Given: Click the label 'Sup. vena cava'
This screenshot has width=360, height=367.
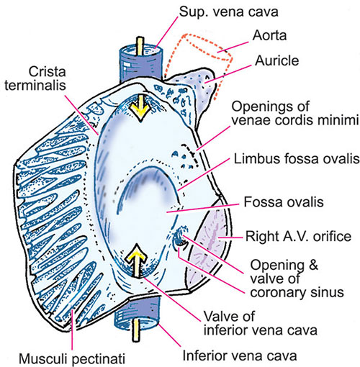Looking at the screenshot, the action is (229, 12).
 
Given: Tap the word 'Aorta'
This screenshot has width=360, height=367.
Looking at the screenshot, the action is (269, 35).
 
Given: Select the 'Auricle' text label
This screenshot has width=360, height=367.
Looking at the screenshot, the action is (276, 60).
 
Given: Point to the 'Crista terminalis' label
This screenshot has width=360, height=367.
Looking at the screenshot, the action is (35, 78).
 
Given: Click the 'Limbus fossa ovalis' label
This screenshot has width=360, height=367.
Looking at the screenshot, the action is (297, 159).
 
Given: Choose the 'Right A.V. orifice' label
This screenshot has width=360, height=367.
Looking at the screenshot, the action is (298, 236).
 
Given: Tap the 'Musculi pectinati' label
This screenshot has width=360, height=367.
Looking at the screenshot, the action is (72, 359).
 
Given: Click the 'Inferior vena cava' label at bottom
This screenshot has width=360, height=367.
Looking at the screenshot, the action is (240, 355).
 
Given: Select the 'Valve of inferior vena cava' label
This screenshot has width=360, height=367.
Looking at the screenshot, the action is (261, 323).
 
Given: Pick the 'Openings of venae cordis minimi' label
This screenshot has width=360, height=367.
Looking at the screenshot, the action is (295, 113).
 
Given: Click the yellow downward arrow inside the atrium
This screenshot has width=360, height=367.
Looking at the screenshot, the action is (140, 107).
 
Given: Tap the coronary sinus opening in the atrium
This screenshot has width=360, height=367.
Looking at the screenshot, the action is (181, 236).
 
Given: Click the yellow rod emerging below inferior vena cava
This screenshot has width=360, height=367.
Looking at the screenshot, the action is (136, 330).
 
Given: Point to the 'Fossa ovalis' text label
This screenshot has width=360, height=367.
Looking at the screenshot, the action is (284, 202).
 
